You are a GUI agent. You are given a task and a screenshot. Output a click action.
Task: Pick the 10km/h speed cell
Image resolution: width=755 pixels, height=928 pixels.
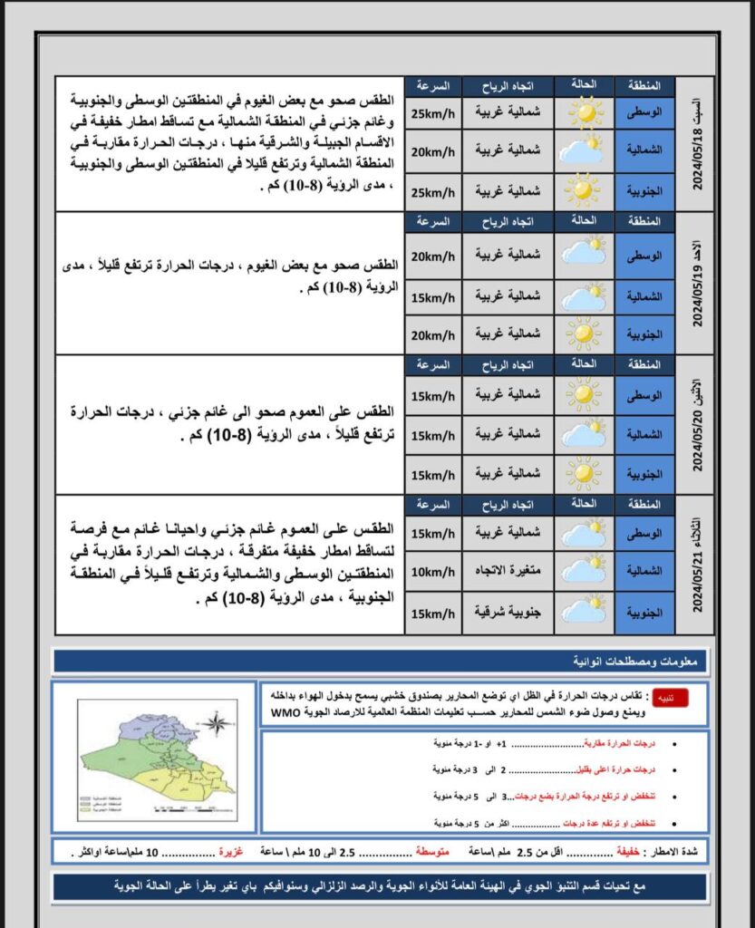[433, 572]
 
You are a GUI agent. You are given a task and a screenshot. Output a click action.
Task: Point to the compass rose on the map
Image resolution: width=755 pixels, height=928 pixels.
[216, 722]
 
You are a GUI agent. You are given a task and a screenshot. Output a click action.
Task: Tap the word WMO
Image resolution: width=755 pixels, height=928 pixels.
[284, 712]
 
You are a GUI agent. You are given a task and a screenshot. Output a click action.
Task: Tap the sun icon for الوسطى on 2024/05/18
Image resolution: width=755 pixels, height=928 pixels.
[585, 113]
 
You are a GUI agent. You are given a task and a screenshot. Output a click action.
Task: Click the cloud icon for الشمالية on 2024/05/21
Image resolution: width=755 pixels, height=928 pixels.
[585, 571]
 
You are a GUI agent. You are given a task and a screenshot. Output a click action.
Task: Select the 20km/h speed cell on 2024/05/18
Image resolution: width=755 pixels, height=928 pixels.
[433, 152]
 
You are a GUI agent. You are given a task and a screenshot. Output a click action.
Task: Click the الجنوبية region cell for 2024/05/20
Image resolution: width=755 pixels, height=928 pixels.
[645, 475]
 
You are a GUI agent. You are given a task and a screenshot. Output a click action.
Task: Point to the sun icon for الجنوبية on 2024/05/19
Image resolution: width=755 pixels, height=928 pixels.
[585, 334]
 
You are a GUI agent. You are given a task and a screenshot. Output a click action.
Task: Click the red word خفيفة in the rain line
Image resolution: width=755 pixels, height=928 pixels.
[627, 853]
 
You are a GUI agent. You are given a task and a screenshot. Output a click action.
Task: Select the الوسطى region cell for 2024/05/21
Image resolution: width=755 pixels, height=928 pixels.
[645, 532]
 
